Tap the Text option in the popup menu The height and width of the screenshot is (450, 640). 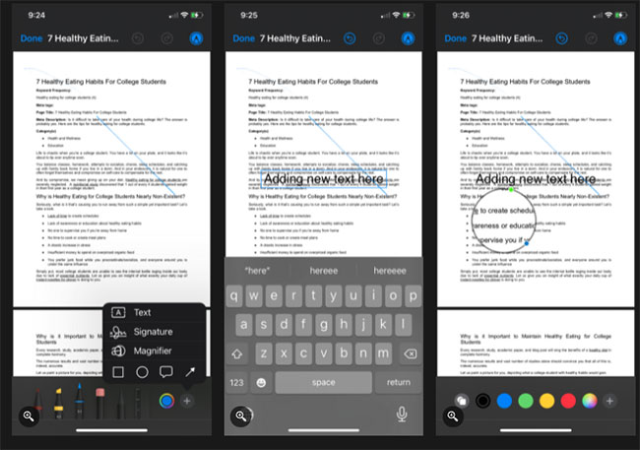[141, 312]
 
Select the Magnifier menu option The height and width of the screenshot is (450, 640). [151, 351]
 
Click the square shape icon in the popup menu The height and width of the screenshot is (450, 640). [118, 372]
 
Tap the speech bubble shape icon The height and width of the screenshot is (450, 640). [164, 372]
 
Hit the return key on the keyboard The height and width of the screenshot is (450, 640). [399, 382]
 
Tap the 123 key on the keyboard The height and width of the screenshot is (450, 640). [237, 382]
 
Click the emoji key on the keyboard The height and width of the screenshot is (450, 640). [262, 382]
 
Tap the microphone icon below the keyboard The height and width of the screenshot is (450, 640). [401, 416]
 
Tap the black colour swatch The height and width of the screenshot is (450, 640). [482, 401]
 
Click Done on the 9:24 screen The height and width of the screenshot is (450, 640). [30, 38]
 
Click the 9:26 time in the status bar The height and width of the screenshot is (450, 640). [459, 16]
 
